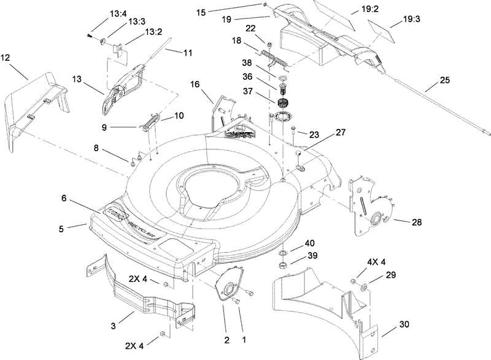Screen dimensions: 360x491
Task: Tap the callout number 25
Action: coord(446,80)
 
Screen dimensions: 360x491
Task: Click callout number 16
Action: coord(195,84)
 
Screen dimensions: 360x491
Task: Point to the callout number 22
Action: coord(268,29)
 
